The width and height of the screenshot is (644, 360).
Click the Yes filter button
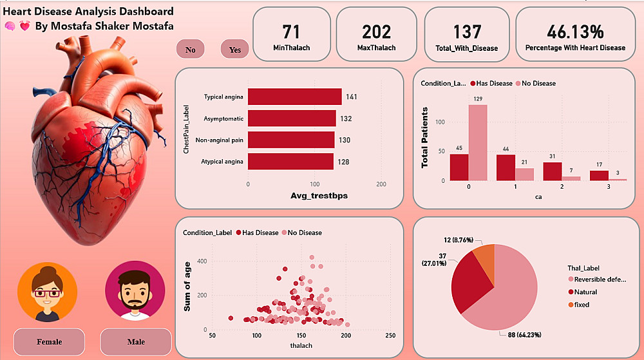click(234, 50)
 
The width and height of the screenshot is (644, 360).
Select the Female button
click(49, 341)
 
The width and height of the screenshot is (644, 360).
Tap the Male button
click(136, 341)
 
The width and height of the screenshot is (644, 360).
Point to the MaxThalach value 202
click(377, 32)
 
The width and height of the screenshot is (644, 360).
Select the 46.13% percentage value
click(575, 32)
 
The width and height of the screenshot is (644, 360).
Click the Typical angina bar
click(295, 97)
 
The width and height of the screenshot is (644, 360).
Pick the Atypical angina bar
click(290, 162)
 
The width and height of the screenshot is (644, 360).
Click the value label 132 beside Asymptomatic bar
click(346, 118)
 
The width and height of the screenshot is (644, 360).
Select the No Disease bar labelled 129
click(477, 142)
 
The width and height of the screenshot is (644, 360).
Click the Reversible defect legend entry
click(599, 279)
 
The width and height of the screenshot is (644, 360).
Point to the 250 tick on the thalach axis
click(390, 336)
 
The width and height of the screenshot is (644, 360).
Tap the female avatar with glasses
click(48, 291)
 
